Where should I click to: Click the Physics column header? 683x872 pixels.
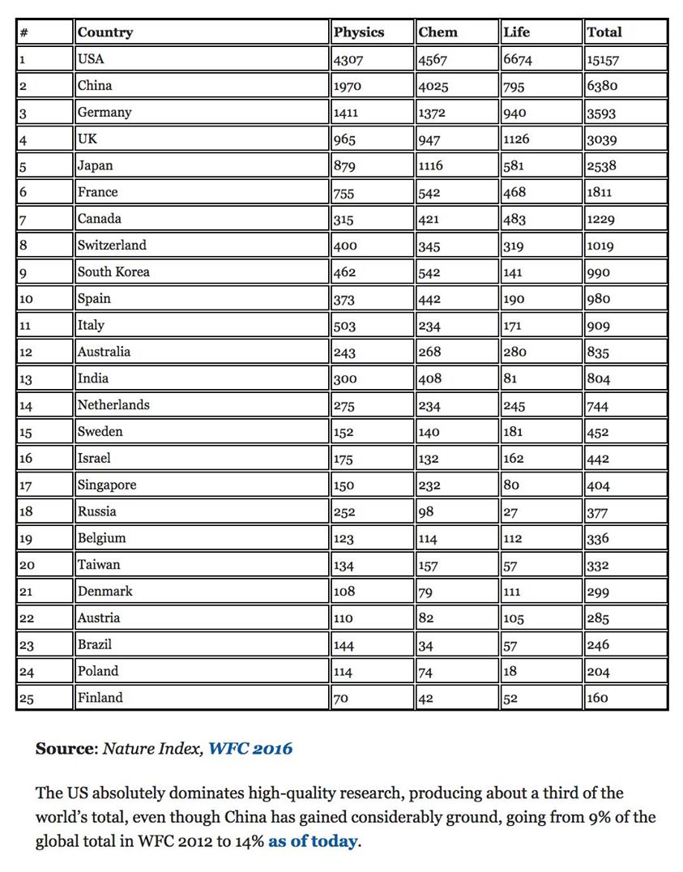point(359,32)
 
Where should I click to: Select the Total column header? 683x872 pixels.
point(604,32)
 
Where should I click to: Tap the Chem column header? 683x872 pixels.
point(438,32)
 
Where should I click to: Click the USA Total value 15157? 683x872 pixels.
point(603,60)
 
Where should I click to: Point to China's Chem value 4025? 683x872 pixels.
point(433,86)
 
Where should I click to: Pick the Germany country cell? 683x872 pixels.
point(105,113)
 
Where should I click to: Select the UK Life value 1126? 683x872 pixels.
point(516,139)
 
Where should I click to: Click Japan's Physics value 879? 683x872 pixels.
point(345,166)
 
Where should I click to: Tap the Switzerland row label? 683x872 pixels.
point(112,245)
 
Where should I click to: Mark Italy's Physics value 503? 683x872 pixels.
point(345,326)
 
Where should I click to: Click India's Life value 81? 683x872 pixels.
point(510,378)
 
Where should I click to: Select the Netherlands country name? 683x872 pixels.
point(113,404)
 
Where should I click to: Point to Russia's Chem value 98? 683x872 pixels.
point(426,511)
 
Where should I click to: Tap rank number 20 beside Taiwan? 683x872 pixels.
point(26,566)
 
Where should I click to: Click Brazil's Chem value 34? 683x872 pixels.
point(426,645)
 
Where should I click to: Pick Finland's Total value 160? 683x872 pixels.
point(597,698)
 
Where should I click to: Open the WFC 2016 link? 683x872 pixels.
point(250,749)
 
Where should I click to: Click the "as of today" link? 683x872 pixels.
point(313,841)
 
